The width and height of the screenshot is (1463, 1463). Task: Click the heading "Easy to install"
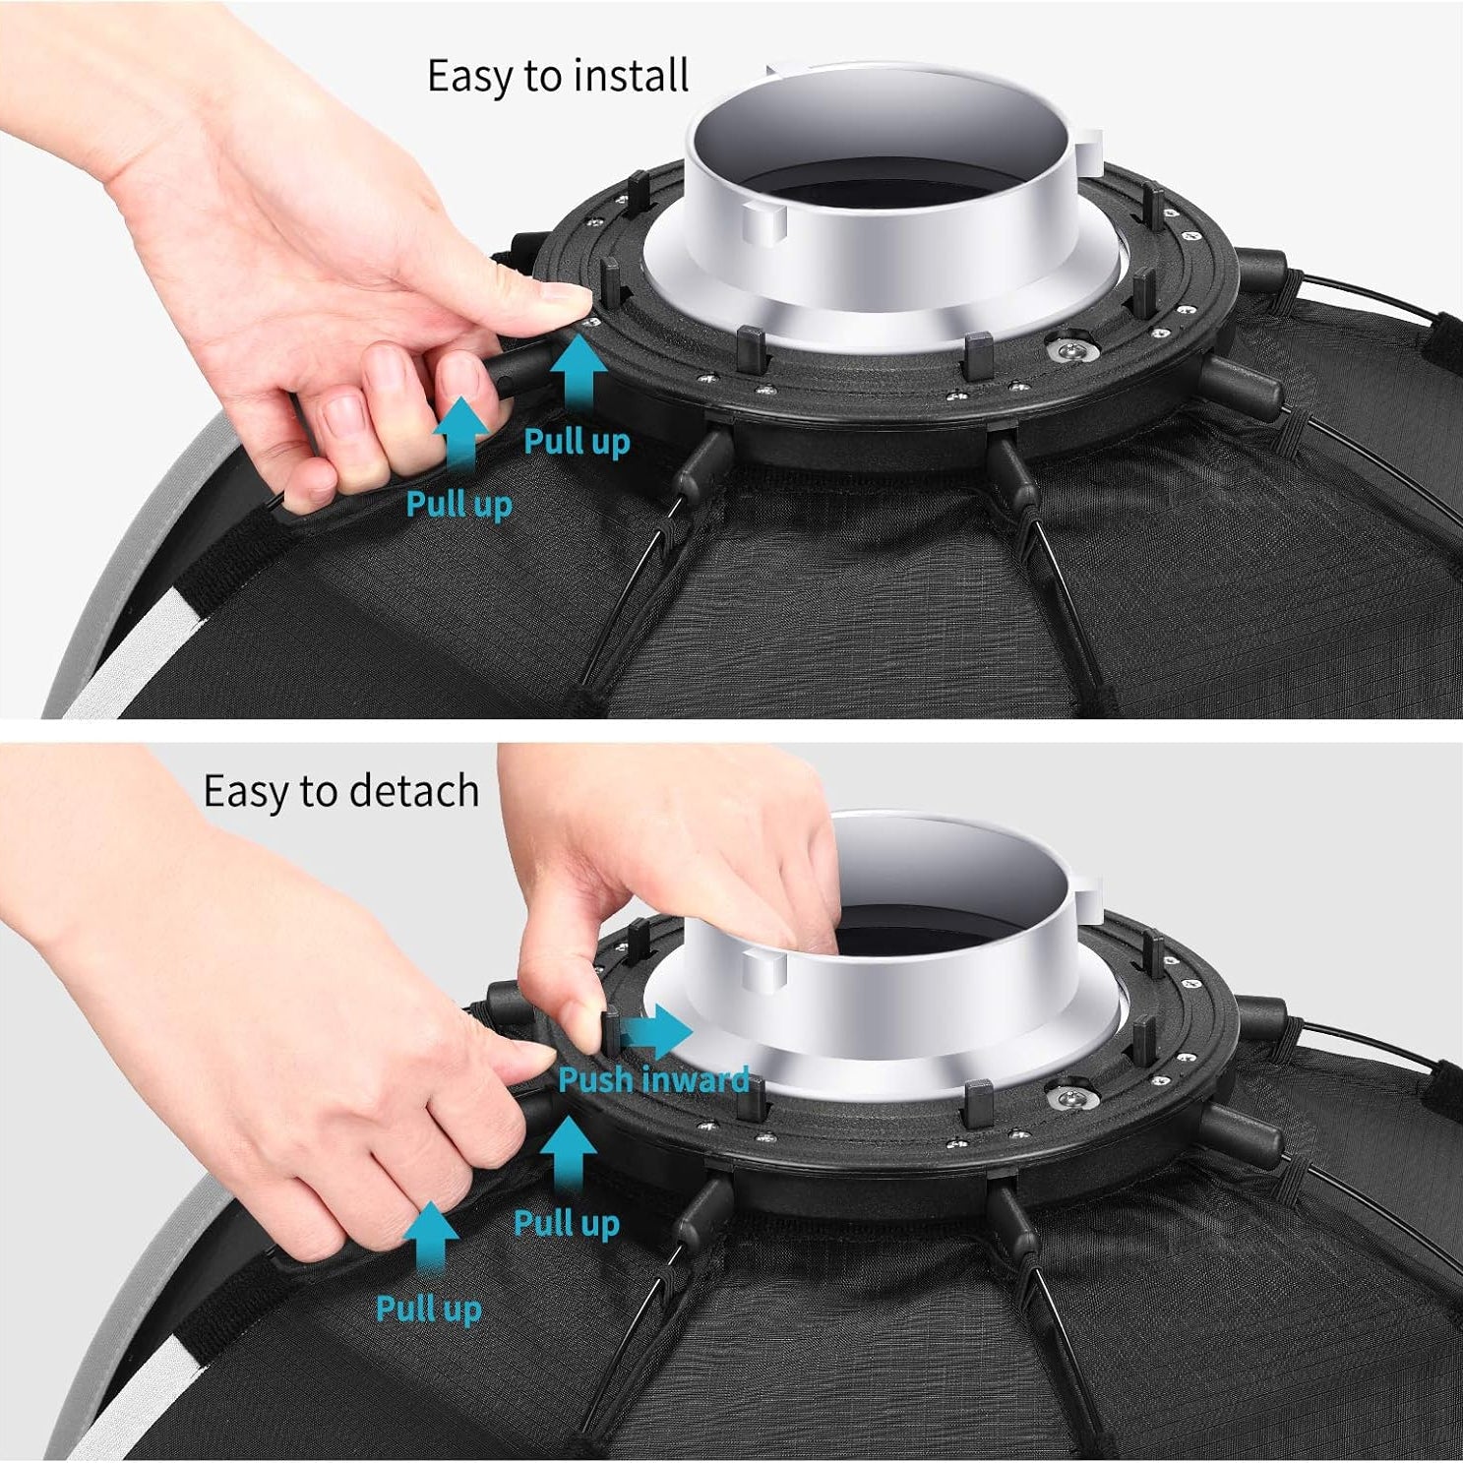click(x=558, y=77)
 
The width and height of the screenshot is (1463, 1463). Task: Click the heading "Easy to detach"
click(x=341, y=791)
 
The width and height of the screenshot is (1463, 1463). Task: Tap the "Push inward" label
click(x=653, y=1079)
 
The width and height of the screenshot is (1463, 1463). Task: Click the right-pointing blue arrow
click(x=657, y=1032)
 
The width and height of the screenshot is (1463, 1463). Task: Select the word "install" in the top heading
click(x=631, y=77)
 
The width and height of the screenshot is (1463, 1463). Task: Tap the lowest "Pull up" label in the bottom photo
click(x=429, y=1310)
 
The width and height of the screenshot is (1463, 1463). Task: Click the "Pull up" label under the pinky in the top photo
click(x=459, y=505)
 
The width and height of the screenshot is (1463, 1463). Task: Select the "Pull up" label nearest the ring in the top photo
click(x=577, y=442)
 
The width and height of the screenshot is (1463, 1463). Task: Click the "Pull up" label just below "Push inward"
click(x=567, y=1223)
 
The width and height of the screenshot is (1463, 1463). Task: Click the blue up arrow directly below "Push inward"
click(x=568, y=1158)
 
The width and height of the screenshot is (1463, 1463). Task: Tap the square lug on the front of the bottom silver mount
click(x=763, y=972)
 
